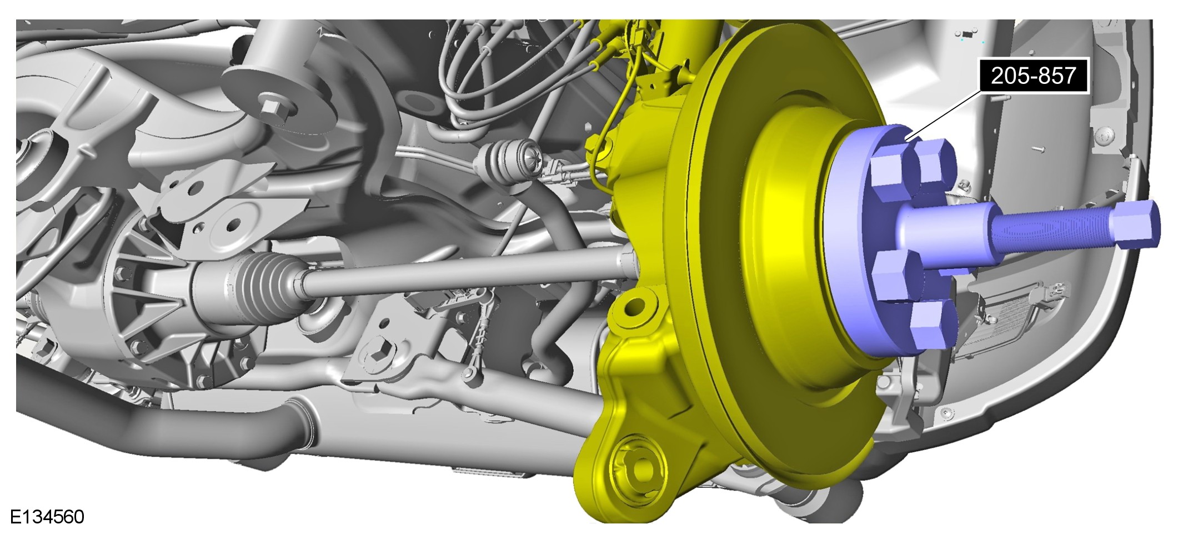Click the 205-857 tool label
click(1034, 75)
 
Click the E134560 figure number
click(47, 517)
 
